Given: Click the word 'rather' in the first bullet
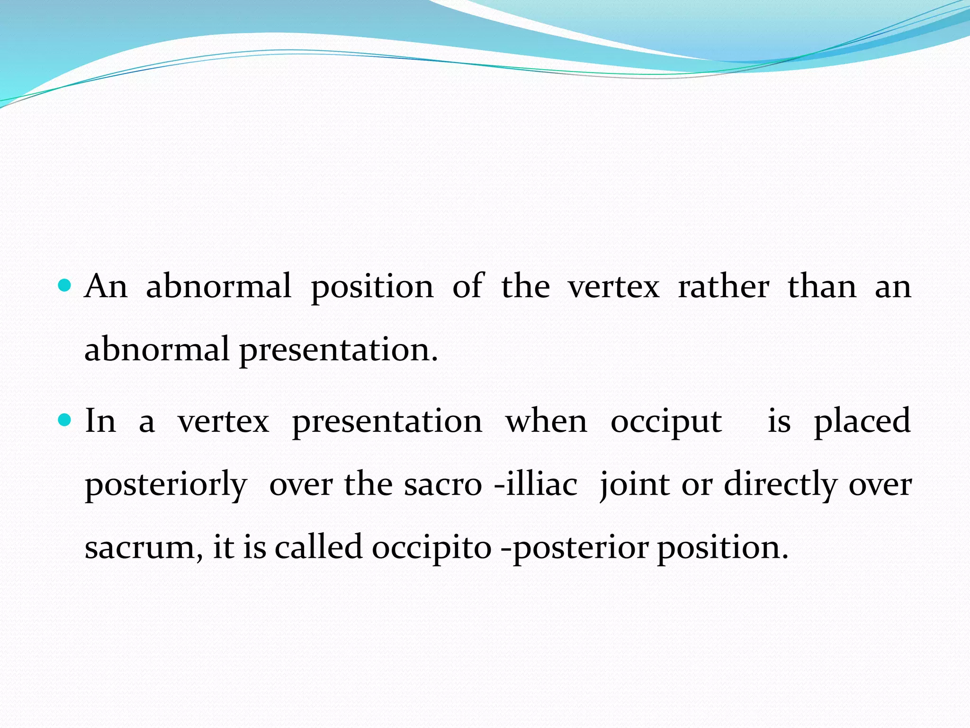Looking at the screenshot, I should (x=723, y=287).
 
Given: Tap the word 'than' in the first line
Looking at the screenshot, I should (x=822, y=287).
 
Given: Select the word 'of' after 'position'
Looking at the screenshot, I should (x=467, y=287).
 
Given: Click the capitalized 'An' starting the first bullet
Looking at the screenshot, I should (x=106, y=287).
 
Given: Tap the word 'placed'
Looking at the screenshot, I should (x=862, y=422).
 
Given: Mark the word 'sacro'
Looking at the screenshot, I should (x=443, y=485).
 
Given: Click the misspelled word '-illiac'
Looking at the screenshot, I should (x=536, y=484).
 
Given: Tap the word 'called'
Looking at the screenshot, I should (x=319, y=547).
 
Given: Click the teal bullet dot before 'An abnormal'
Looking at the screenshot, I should (x=64, y=286).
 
